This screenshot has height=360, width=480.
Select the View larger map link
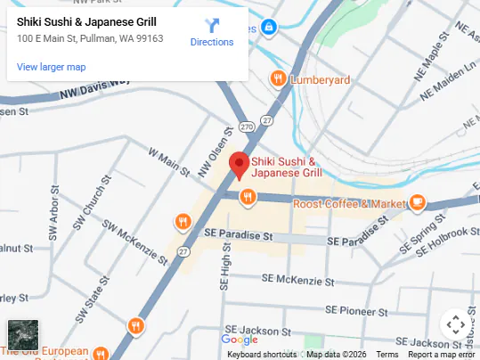pyautogui.click(x=52, y=67)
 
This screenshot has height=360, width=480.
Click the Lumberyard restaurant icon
pyautogui.click(x=279, y=79)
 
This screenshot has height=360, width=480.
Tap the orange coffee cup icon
pyautogui.click(x=417, y=202)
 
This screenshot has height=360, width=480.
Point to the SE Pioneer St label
pyautogui.click(x=357, y=311)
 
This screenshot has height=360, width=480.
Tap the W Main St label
pyautogui.click(x=170, y=163)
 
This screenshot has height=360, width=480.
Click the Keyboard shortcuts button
pyautogui.click(x=262, y=355)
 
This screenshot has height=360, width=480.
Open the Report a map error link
pyautogui.click(x=442, y=355)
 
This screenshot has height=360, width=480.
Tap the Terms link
pyautogui.click(x=387, y=355)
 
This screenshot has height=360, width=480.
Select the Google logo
pyautogui.click(x=239, y=340)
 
